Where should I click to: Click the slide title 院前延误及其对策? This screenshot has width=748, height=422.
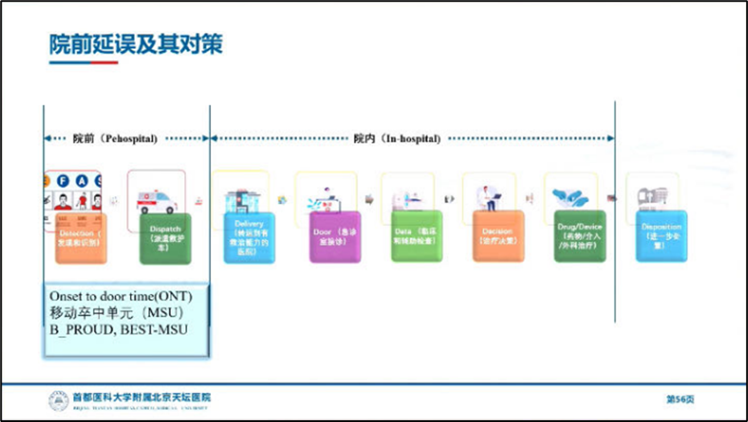(135, 44)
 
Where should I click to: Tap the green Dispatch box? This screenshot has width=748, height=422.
(166, 238)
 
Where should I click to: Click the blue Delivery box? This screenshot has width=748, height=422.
(249, 237)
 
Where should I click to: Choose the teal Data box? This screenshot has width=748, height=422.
(416, 236)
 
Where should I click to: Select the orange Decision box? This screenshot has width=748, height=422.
(497, 236)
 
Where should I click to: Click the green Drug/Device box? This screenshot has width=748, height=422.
(579, 236)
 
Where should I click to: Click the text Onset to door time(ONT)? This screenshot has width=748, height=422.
(121, 297)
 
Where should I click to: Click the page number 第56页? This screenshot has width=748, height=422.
(679, 399)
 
